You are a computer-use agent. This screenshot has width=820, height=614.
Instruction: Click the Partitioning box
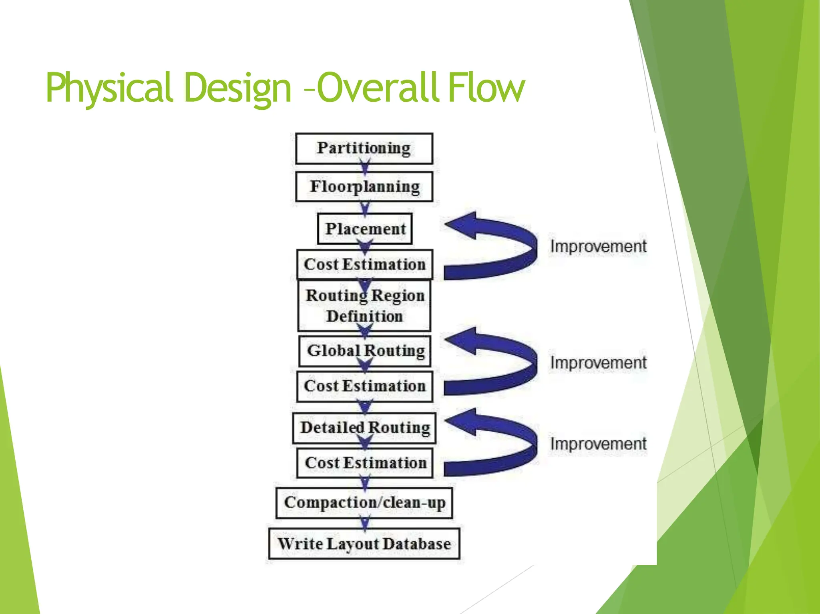(x=364, y=148)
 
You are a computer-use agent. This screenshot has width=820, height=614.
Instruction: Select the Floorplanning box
(x=364, y=187)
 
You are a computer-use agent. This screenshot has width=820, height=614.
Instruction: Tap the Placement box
(x=365, y=229)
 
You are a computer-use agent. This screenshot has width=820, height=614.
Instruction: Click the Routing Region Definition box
(x=364, y=306)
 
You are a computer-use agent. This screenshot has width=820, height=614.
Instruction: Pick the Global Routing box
(x=365, y=351)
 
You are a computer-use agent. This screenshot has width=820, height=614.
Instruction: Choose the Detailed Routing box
(x=364, y=428)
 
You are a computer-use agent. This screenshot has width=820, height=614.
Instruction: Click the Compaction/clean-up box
(x=364, y=503)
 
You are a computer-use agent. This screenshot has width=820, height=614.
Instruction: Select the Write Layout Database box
(x=364, y=544)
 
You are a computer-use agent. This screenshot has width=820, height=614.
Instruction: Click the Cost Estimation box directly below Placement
(x=364, y=265)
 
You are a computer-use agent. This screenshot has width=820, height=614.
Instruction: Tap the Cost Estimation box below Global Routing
(x=364, y=386)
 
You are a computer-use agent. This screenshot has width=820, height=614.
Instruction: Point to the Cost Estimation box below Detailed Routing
(x=365, y=463)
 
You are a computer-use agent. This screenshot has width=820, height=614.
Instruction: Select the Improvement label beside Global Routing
(x=598, y=363)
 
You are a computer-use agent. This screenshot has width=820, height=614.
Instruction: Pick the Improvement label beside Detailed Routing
(x=598, y=444)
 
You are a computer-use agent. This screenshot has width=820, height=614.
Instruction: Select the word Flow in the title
(x=486, y=87)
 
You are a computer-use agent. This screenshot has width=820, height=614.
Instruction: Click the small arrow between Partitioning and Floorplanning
(x=365, y=167)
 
